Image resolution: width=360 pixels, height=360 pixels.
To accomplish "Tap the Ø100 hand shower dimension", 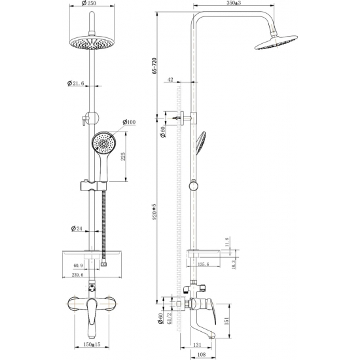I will point(128,122).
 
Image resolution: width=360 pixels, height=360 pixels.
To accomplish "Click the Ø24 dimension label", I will point(77,228).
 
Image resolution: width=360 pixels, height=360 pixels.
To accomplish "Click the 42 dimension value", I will point(171,79).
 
